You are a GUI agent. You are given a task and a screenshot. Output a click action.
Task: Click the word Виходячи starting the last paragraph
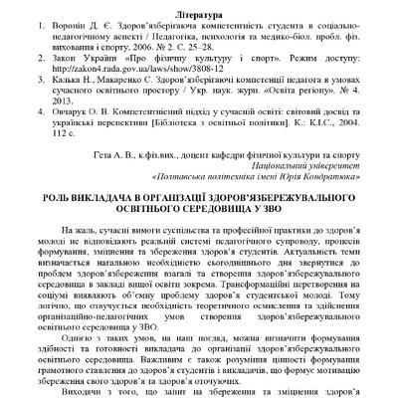pyautogui.click(x=84, y=391)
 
